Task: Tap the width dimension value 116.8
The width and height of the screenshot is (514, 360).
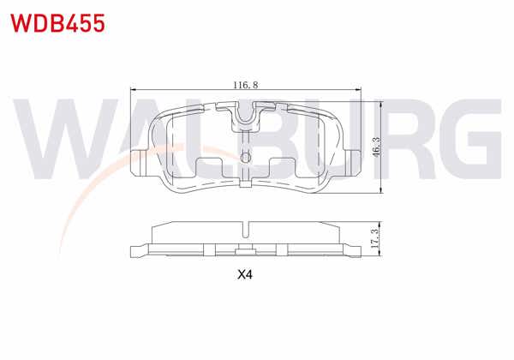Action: click(x=247, y=85)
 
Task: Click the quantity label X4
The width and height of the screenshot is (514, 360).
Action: click(x=246, y=275)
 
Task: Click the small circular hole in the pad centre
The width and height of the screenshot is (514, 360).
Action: click(x=246, y=157)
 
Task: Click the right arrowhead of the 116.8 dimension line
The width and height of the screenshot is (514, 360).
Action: click(x=360, y=91)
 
